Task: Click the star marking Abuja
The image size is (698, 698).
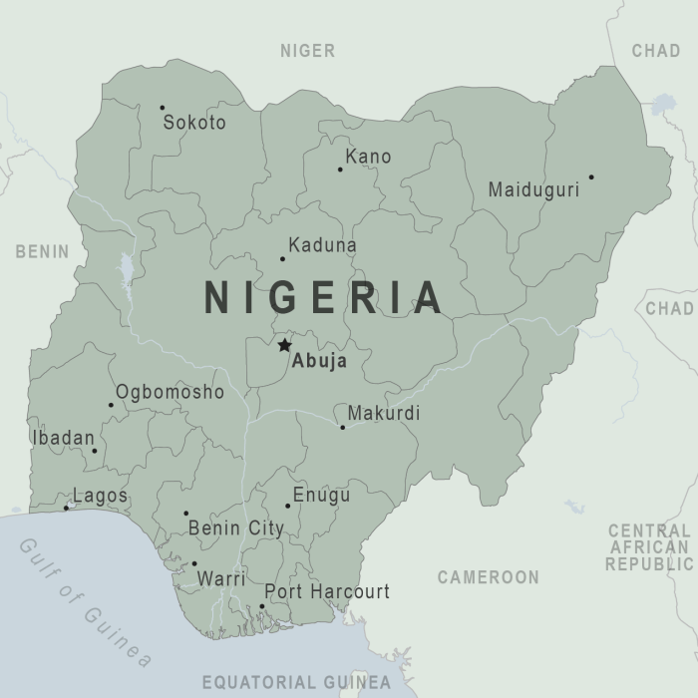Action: point(284,345)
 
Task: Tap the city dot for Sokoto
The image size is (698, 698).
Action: point(163,108)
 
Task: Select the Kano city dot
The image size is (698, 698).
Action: point(340,170)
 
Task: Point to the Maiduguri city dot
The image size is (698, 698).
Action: point(591,177)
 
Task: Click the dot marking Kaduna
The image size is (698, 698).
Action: point(282,259)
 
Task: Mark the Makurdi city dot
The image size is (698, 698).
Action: point(342,428)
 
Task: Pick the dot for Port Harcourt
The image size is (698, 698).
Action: point(262,606)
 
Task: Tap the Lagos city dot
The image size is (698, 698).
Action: point(67,508)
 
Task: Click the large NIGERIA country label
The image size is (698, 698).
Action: point(324,298)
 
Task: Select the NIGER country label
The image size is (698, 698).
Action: point(307,51)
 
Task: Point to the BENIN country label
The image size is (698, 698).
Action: point(42,251)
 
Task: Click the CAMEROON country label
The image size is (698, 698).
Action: point(488,577)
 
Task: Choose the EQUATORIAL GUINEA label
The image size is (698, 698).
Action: point(296,683)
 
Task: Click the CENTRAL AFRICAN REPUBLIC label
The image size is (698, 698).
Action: point(648,547)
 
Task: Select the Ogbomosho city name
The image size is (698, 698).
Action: point(170,392)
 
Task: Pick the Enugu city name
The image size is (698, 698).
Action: point(321,496)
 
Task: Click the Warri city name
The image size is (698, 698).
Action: point(221,578)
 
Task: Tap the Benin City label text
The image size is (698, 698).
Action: point(236,528)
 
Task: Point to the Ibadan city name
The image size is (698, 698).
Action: point(64,438)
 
